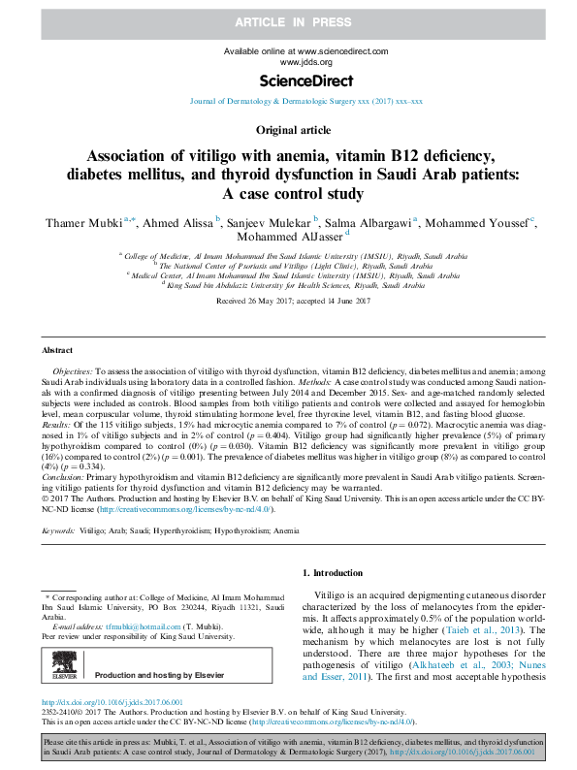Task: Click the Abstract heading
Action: [56, 349]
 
